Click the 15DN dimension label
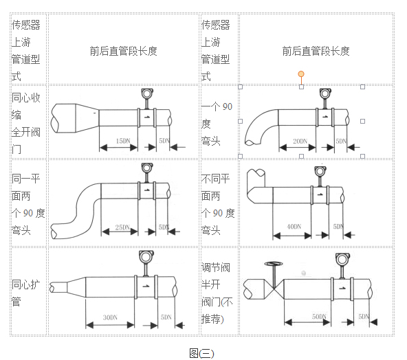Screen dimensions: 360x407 click(122, 141)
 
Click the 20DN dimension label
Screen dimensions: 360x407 click(300, 141)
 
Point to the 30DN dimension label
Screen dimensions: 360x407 click(109, 317)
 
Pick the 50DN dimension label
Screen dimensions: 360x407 click(319, 316)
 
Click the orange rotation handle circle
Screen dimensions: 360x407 click(301, 74)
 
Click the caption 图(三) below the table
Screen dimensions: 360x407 click(202, 352)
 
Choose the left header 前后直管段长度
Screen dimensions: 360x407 click(123, 51)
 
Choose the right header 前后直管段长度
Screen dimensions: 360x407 click(316, 51)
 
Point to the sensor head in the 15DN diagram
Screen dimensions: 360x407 click(146, 94)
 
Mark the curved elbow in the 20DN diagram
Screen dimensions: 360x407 click(258, 128)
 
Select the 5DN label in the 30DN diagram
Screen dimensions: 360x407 click(166, 317)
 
